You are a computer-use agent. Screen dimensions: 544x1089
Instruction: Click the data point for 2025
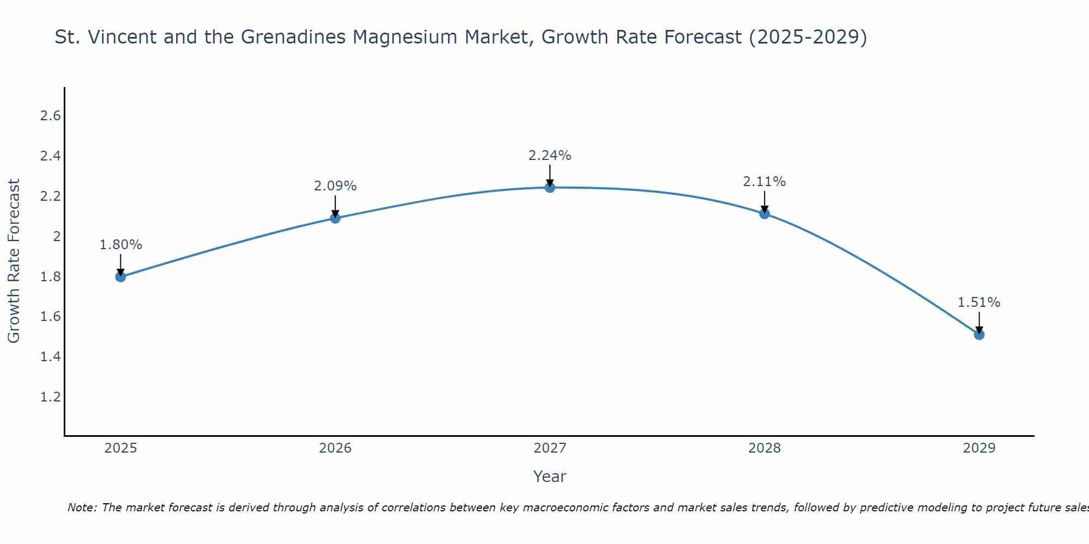click(121, 277)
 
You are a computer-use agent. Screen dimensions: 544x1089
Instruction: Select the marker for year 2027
click(550, 188)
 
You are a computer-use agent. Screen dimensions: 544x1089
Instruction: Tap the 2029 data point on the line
click(979, 335)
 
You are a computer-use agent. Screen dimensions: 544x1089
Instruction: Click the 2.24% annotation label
click(550, 156)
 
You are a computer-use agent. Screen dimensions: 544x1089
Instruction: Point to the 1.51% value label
click(979, 302)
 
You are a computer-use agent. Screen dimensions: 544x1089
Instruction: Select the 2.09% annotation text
click(335, 186)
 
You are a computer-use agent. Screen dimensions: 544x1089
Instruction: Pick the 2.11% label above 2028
click(764, 182)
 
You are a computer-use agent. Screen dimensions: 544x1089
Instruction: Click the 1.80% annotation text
click(121, 245)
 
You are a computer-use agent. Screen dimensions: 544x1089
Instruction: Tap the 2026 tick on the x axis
click(335, 448)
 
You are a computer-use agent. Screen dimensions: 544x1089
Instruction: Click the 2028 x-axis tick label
click(764, 448)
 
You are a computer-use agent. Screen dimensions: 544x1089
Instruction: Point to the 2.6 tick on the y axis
click(51, 116)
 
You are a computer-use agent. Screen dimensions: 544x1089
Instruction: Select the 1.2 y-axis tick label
click(51, 397)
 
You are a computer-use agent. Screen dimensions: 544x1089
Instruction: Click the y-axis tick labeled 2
click(57, 237)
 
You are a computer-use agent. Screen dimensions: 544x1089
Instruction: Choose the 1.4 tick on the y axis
click(51, 357)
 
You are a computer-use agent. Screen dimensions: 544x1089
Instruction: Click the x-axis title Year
click(550, 477)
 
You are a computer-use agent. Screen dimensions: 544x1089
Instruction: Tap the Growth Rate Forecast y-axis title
click(14, 261)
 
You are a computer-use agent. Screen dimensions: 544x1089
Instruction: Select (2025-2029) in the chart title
click(808, 37)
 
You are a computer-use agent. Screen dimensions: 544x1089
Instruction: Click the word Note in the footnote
click(82, 508)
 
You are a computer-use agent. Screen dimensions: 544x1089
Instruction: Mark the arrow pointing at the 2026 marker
click(335, 207)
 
